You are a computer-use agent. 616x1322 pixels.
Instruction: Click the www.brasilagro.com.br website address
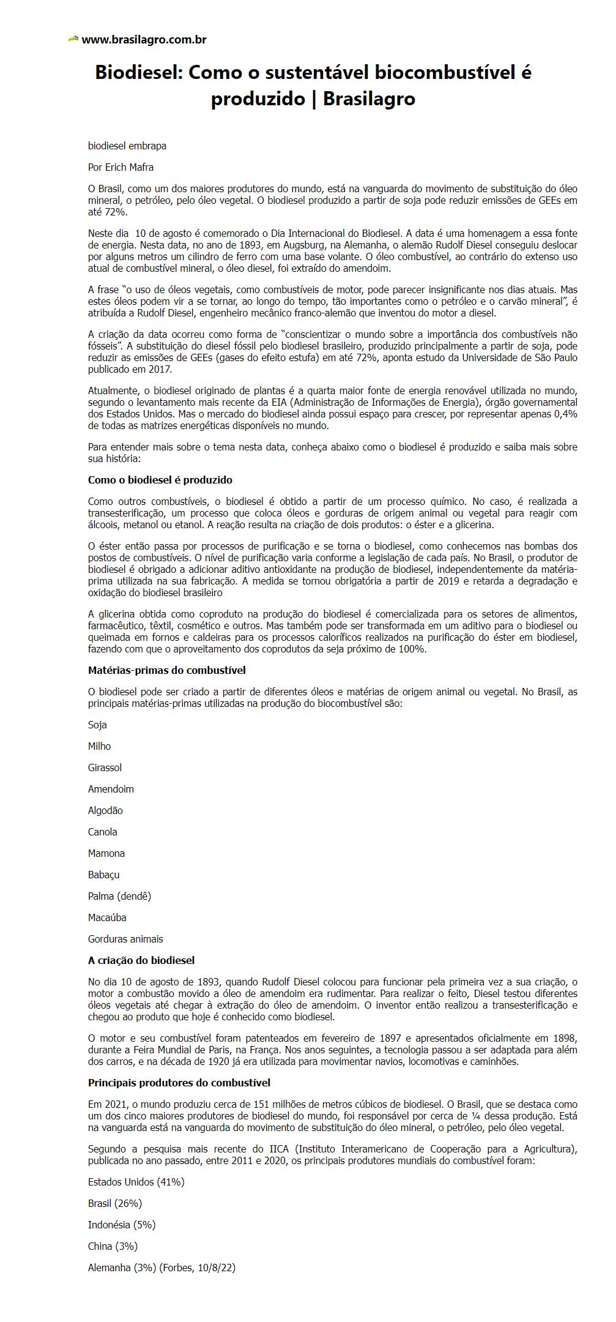(x=144, y=40)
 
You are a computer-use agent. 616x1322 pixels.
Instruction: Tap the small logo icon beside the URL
(x=73, y=39)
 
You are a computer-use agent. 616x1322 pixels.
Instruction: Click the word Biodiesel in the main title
(x=138, y=73)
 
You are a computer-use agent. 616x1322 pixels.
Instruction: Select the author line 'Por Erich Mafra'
(x=121, y=167)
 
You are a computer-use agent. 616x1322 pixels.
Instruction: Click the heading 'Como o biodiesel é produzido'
(x=160, y=480)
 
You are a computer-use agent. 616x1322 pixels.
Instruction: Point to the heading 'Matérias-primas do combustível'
(x=166, y=670)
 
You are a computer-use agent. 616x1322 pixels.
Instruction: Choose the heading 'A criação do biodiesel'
(x=141, y=960)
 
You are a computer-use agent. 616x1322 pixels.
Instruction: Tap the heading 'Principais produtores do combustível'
(x=179, y=1083)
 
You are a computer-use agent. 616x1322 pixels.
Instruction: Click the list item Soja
(x=97, y=725)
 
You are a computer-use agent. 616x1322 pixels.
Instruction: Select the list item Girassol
(x=105, y=767)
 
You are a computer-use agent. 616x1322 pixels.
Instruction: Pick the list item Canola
(x=102, y=832)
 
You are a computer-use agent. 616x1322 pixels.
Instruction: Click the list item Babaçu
(x=103, y=875)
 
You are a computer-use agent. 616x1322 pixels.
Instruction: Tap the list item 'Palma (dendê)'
(x=119, y=896)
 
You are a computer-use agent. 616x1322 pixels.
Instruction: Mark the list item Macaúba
(x=107, y=917)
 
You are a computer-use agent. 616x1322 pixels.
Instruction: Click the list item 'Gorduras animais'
(x=125, y=939)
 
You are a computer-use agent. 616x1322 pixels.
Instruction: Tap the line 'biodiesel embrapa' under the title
(x=127, y=146)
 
